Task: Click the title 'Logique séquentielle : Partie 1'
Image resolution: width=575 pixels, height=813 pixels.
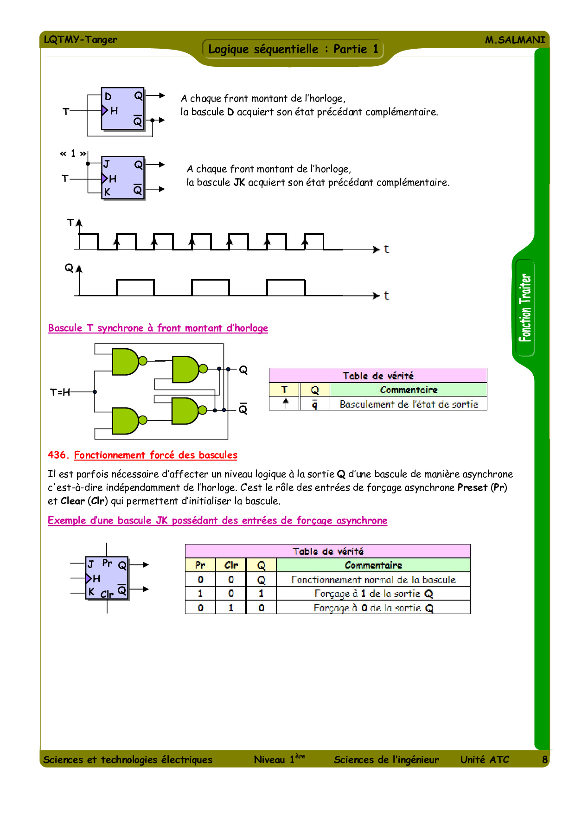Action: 293,49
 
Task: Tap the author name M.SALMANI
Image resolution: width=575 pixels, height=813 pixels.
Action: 515,40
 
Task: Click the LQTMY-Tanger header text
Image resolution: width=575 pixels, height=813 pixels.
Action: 80,39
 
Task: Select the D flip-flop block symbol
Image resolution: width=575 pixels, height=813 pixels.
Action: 123,109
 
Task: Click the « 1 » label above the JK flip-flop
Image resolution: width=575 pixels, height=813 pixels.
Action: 73,153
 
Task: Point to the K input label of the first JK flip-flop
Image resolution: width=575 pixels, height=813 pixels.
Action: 107,192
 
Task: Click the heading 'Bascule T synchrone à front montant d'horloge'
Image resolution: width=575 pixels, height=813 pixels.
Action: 158,328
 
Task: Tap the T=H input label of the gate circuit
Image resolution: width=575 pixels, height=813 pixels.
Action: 60,392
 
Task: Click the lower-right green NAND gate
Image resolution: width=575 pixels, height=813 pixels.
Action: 185,411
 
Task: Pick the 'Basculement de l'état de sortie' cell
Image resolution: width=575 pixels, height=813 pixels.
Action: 409,404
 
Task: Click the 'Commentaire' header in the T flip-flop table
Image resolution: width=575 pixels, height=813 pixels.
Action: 409,390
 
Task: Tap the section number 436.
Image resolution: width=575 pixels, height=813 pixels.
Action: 58,455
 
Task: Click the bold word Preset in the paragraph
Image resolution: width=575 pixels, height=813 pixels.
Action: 472,487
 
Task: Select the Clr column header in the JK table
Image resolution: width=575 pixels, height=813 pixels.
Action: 231,565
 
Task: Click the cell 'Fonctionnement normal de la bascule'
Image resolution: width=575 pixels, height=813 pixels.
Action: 373,580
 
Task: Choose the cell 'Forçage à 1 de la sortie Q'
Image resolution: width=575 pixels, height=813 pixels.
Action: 373,594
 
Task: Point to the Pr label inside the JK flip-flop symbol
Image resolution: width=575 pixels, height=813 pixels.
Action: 107,563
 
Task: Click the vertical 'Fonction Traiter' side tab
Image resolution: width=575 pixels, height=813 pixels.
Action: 525,308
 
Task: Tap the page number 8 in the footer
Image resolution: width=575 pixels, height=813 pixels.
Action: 545,760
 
